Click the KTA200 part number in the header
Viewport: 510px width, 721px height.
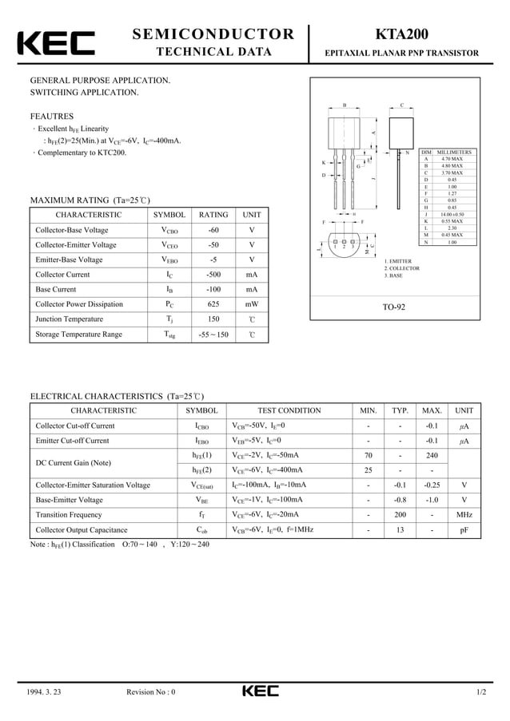[400, 34]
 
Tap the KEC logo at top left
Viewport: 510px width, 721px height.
[55, 44]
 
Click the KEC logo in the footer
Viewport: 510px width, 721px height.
[261, 691]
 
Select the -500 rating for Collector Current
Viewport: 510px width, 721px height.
[213, 275]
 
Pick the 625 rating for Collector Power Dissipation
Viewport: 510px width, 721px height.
[213, 304]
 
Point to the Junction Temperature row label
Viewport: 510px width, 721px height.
[70, 319]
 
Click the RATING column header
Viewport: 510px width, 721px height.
[213, 215]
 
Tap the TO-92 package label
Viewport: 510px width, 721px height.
[393, 307]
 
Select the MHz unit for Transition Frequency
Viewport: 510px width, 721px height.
[464, 515]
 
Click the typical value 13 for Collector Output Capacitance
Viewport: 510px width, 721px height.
[400, 530]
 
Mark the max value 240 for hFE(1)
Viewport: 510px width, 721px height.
[432, 455]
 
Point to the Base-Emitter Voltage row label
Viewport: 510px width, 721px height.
[70, 500]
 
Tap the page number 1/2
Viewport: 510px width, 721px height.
[480, 692]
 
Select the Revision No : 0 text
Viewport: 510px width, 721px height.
[151, 692]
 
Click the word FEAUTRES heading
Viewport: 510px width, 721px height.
[52, 116]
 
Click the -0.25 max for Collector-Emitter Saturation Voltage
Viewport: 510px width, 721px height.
[432, 485]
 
